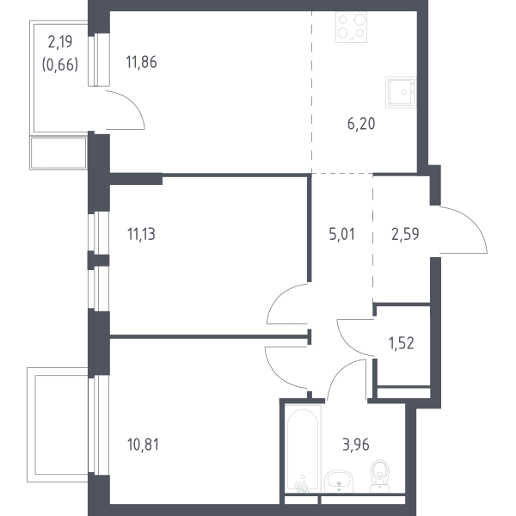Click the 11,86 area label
(141, 63)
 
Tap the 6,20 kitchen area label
(361, 124)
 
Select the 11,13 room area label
(141, 235)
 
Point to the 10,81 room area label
(143, 445)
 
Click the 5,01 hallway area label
(342, 234)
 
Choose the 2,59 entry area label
(405, 234)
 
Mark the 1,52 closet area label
(401, 343)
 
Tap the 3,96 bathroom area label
(356, 445)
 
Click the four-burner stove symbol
(351, 27)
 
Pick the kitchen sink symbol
(401, 93)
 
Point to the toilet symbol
(380, 476)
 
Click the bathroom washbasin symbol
(339, 481)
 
